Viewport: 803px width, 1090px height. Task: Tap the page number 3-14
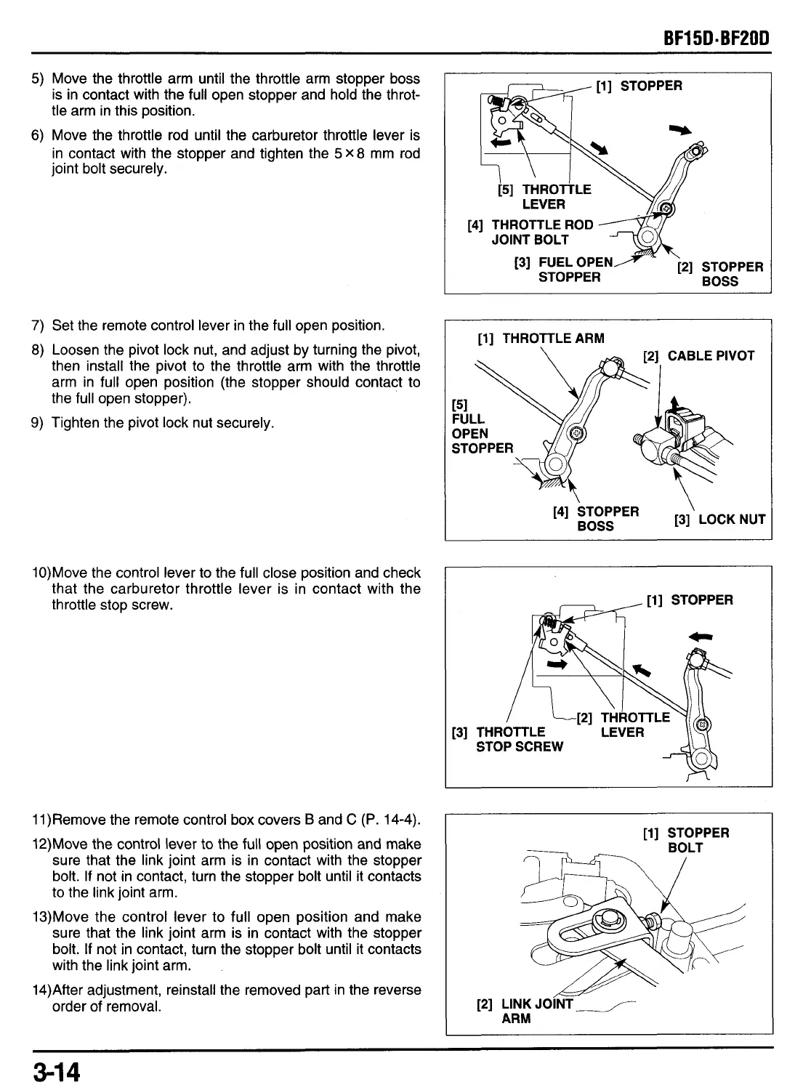[55, 1071]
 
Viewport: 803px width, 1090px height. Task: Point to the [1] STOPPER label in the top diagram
[639, 86]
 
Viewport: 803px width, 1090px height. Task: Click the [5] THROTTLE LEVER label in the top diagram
[544, 197]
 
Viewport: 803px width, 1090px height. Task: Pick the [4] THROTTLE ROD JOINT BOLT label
[530, 233]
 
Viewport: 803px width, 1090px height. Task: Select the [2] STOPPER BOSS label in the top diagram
[719, 274]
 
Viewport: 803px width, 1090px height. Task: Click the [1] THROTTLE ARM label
[541, 338]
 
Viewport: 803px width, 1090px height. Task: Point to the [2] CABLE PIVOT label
[699, 355]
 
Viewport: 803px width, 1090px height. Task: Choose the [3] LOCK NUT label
[719, 520]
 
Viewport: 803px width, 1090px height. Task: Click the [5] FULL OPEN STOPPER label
[482, 427]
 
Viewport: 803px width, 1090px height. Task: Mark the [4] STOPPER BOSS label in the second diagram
[596, 519]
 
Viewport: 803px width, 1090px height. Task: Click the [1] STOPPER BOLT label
[686, 840]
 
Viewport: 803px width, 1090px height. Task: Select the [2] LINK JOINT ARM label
[525, 1012]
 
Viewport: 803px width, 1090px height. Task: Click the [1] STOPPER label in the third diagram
[690, 599]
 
